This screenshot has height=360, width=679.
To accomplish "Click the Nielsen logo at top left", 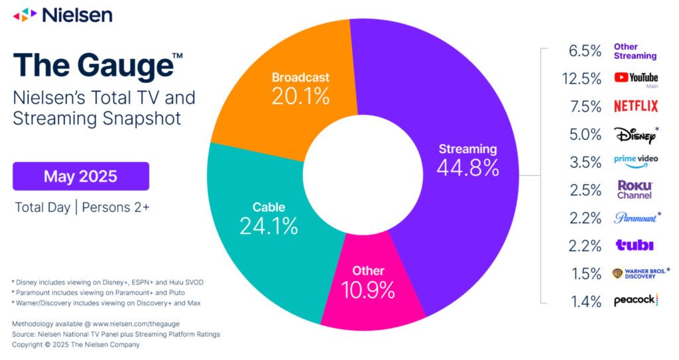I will [63, 14].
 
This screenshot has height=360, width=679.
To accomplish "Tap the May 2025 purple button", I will [80, 176].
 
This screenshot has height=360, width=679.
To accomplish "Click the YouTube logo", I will [635, 78].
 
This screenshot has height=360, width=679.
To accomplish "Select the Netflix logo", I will [635, 106].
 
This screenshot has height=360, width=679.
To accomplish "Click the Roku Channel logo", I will [635, 190].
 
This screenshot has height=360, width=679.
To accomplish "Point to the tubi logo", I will [635, 245].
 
